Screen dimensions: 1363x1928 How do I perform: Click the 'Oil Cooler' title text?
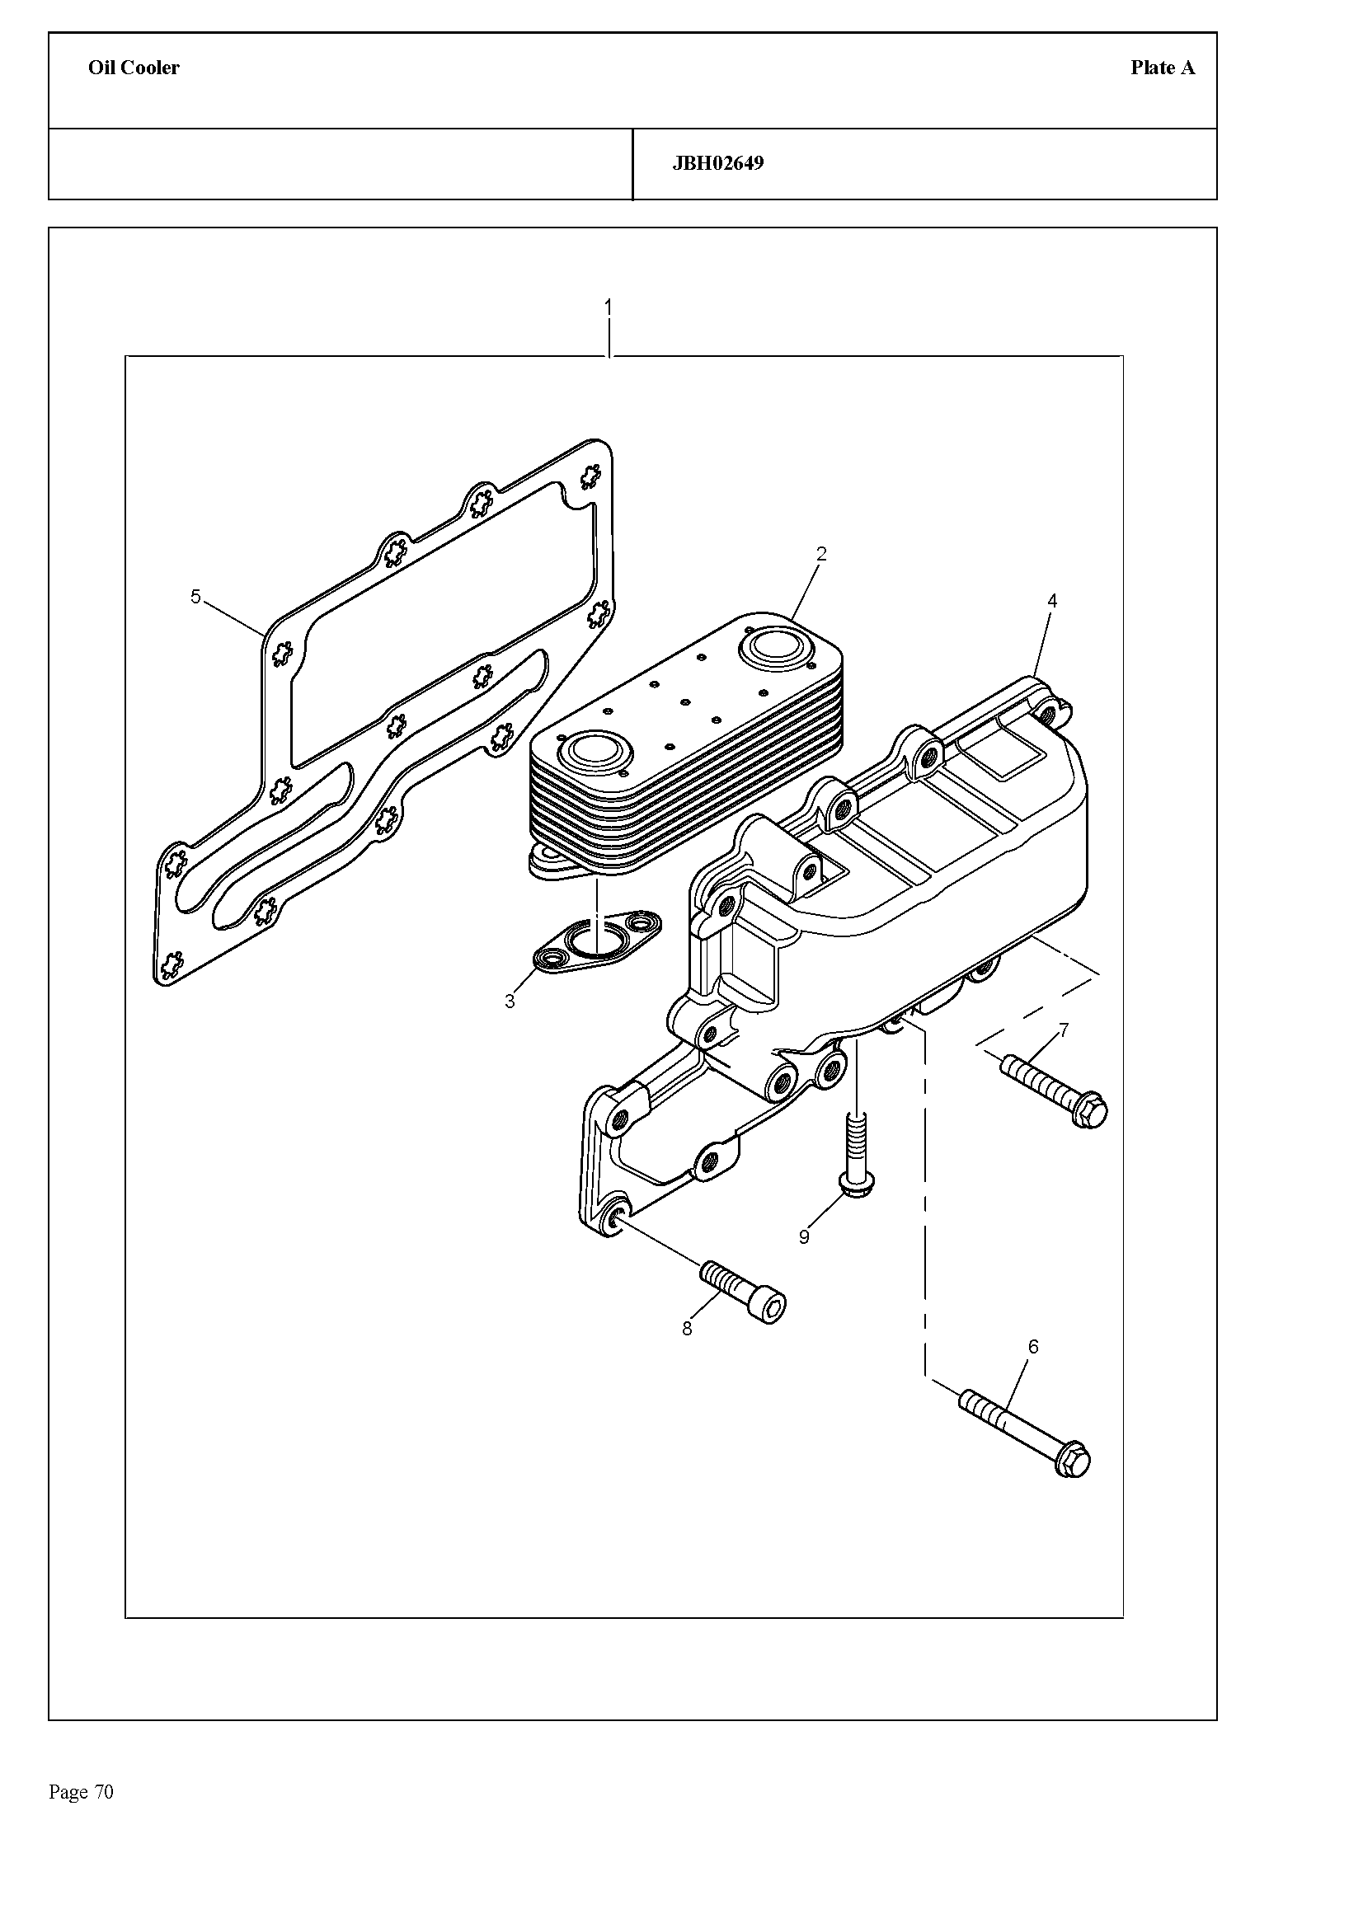click(134, 68)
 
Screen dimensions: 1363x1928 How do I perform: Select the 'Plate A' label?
click(1163, 68)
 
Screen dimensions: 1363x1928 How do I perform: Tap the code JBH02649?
click(718, 163)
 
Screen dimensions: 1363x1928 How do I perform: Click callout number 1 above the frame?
click(608, 307)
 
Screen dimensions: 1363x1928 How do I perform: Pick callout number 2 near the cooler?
click(821, 553)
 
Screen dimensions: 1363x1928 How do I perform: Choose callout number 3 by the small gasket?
click(510, 1001)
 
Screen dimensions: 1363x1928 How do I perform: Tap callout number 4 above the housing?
click(1052, 600)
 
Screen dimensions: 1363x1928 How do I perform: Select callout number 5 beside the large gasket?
click(195, 596)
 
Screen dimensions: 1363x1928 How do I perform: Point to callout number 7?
click(1064, 1030)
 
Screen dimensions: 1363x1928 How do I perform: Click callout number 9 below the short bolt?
click(804, 1237)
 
